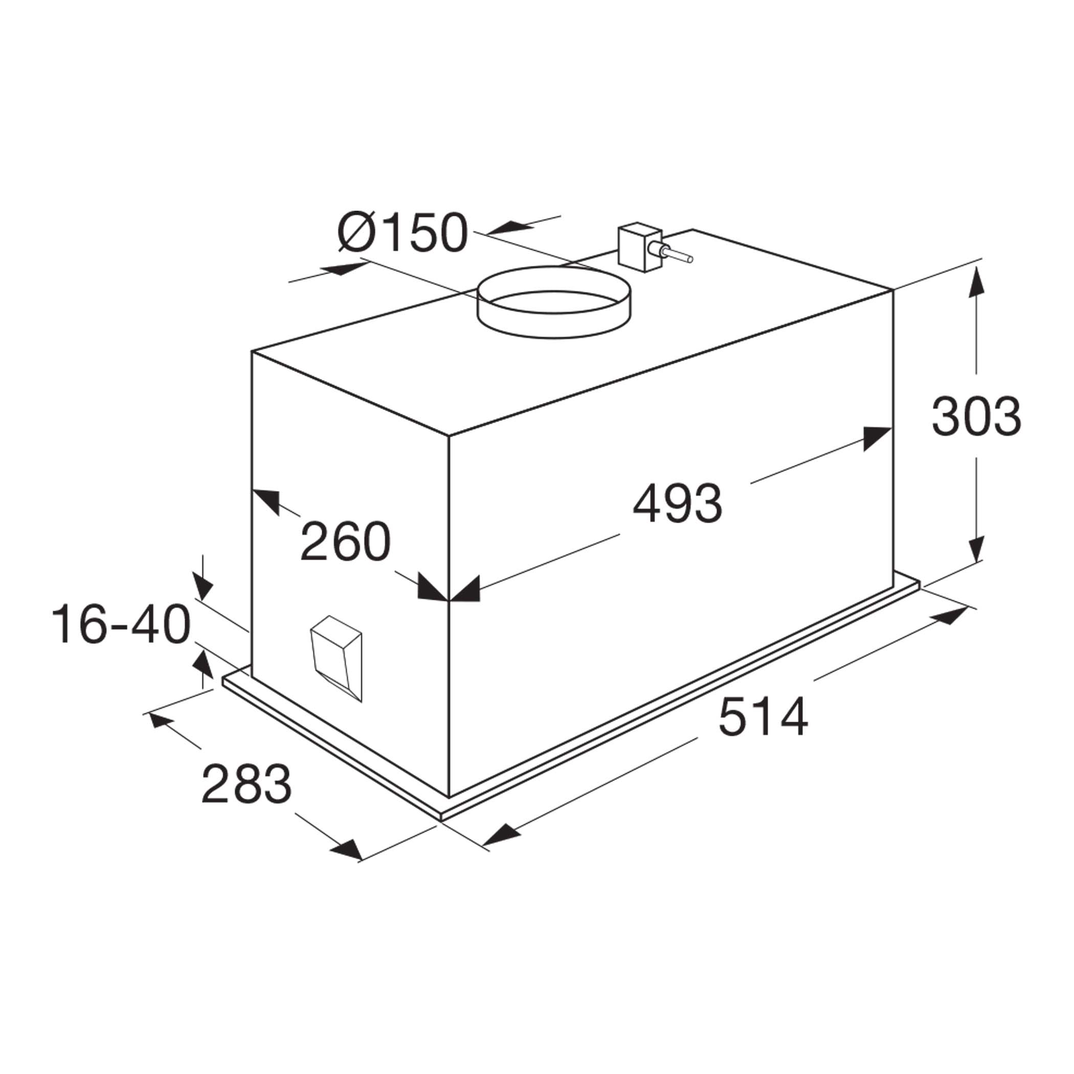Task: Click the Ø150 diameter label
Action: [x=402, y=232]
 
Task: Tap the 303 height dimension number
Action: [x=976, y=416]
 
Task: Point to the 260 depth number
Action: [x=346, y=541]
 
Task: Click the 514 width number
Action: [x=763, y=717]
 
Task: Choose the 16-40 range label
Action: [x=121, y=624]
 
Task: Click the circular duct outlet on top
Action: [x=554, y=302]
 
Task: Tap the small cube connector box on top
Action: [x=640, y=247]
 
